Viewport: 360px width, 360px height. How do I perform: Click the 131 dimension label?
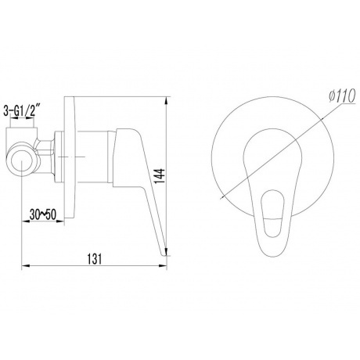tap(95, 258)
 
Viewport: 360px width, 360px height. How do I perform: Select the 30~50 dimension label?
tap(43, 215)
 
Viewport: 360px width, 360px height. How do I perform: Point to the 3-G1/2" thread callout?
tap(22, 110)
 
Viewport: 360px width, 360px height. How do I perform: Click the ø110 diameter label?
tap(342, 95)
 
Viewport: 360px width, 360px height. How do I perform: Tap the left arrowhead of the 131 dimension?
tap(25, 266)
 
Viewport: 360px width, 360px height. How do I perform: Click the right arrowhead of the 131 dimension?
tap(163, 266)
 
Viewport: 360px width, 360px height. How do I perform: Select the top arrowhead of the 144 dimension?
tap(166, 101)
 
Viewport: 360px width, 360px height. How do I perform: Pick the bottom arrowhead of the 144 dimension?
tap(166, 251)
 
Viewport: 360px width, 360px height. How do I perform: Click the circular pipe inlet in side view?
tap(21, 160)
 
